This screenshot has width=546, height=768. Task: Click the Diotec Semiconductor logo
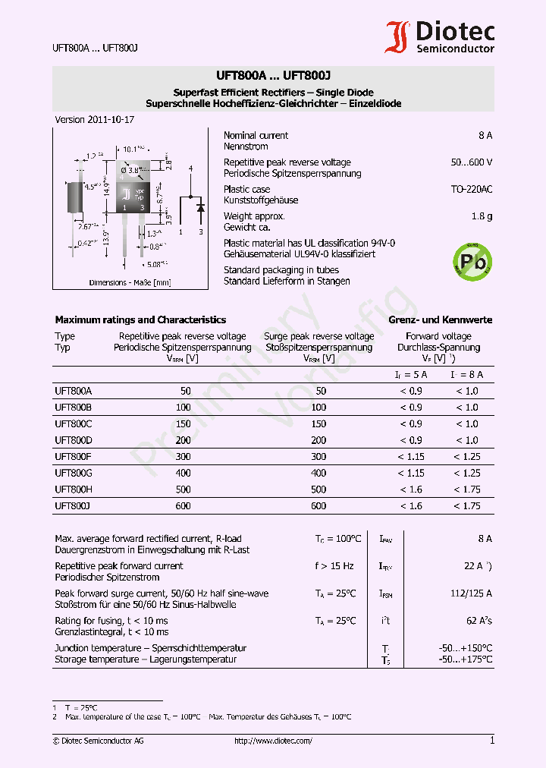[439, 37]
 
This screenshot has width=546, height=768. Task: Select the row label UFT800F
[74, 457]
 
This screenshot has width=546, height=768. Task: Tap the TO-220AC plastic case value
[471, 189]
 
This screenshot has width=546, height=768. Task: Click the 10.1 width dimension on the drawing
[133, 150]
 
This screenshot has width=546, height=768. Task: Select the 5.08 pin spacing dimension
[155, 264]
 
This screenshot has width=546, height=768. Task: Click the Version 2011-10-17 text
[95, 120]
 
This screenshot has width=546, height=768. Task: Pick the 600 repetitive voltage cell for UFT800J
[185, 506]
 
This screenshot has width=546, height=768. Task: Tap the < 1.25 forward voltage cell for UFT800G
[466, 474]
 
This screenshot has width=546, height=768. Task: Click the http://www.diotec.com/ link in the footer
[273, 741]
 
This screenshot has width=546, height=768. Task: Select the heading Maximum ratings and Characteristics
[140, 320]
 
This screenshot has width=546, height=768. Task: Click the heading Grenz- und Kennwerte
[440, 320]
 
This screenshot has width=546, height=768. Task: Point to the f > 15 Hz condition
[334, 566]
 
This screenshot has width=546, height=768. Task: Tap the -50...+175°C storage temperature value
[465, 659]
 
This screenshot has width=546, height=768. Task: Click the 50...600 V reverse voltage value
[470, 162]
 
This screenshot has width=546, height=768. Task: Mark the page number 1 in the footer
[491, 741]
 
